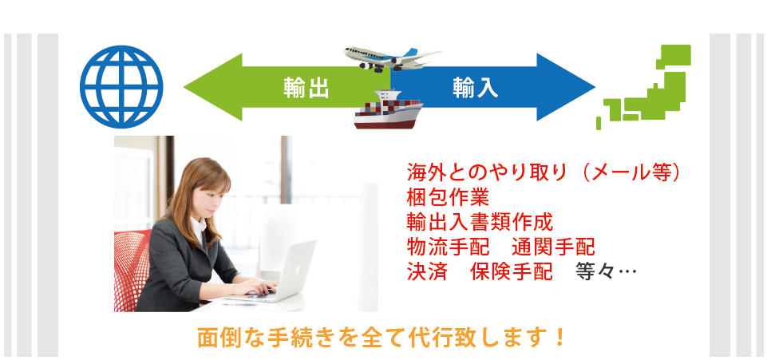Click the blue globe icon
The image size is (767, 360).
121,87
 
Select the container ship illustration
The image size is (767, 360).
388,109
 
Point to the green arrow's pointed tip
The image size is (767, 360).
184,88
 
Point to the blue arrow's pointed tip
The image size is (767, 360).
595,88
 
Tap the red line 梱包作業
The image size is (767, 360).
448,198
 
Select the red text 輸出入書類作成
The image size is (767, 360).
480,223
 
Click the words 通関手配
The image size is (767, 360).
554,247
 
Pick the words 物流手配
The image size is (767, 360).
448,247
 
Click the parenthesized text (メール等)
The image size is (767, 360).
630,172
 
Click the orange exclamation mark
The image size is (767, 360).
560,338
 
